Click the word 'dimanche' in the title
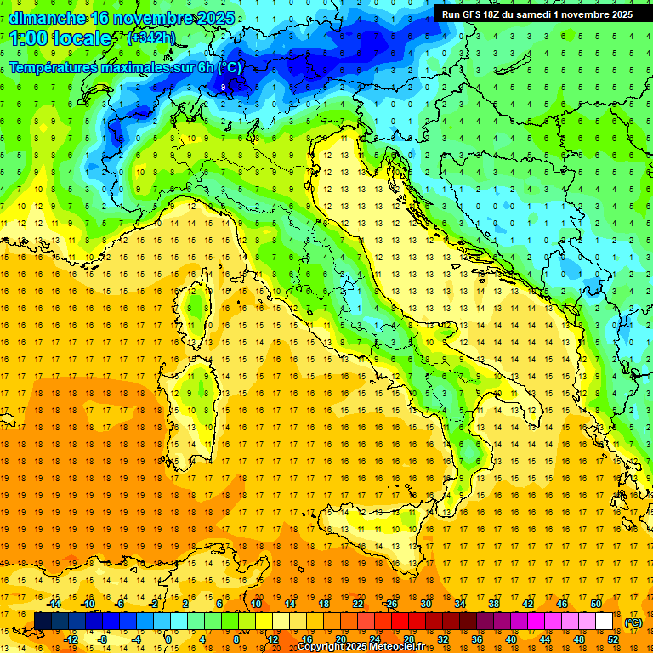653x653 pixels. pyautogui.click(x=47, y=18)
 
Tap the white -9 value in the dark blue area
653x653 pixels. pyautogui.click(x=222, y=88)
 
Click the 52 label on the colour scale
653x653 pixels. pyautogui.click(x=612, y=639)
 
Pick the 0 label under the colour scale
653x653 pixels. pyautogui.click(x=169, y=639)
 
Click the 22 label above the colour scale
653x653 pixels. pyautogui.click(x=359, y=603)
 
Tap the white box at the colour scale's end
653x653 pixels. pyautogui.click(x=604, y=621)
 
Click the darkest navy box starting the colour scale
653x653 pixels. pyautogui.click(x=43, y=621)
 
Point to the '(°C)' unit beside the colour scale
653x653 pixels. pyautogui.click(x=633, y=622)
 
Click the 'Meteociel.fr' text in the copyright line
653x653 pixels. pyautogui.click(x=404, y=647)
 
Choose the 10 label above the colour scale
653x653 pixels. pyautogui.click(x=256, y=603)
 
